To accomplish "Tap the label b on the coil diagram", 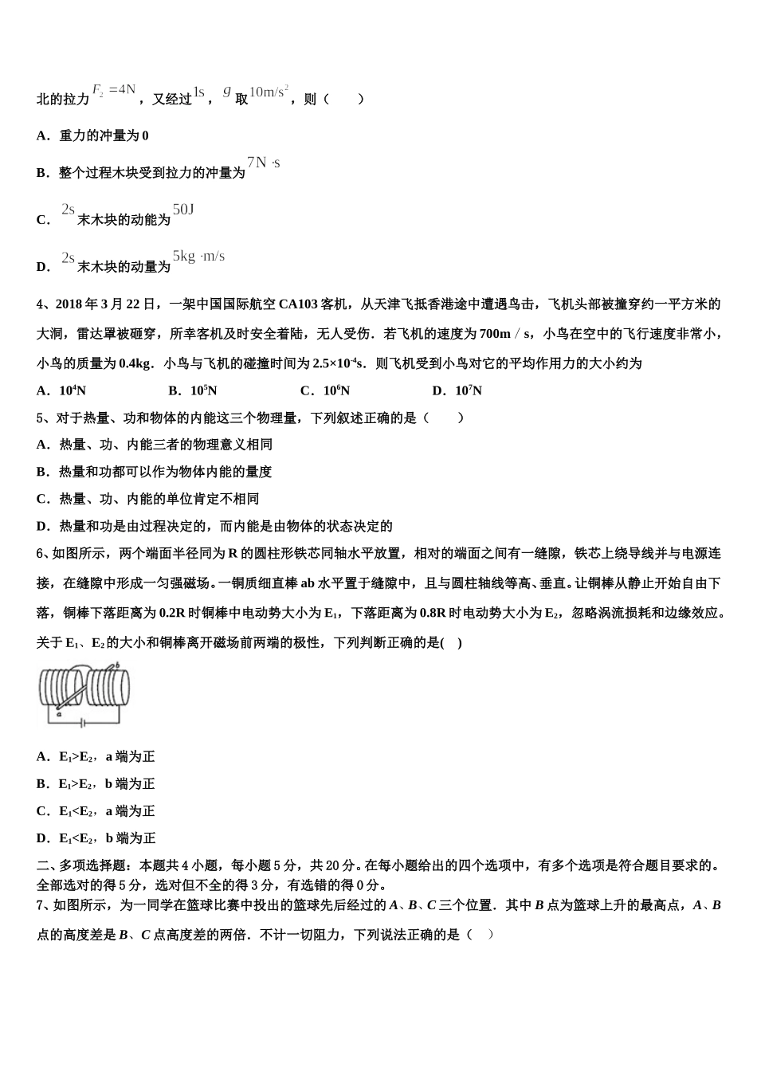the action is [118, 665].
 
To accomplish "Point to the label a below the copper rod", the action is [60, 715].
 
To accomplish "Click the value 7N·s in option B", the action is [264, 163].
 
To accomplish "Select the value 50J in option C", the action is [183, 210].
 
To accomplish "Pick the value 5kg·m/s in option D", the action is [199, 257].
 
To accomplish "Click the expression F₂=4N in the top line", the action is [115, 90].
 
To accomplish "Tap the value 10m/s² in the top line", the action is [269, 92].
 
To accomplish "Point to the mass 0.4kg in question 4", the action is [135, 364].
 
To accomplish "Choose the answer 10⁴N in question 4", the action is [73, 391].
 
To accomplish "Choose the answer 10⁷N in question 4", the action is [469, 391].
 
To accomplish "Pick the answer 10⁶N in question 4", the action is [336, 391].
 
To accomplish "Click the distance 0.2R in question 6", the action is [175, 614].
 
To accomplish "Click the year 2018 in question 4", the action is [68, 304].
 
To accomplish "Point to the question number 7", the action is [41, 905].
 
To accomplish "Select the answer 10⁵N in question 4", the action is [204, 391].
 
